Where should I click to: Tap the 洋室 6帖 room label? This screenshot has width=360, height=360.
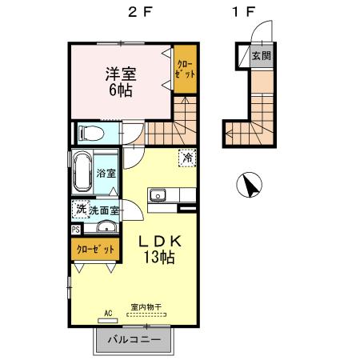tap(122, 81)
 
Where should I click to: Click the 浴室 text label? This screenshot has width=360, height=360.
tap(106, 173)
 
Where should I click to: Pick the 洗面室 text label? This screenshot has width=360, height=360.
tap(103, 210)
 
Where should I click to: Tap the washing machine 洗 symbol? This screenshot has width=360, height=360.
tap(80, 209)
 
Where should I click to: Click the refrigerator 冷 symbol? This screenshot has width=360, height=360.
tap(186, 158)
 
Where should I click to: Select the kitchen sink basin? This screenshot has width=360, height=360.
tap(158, 194)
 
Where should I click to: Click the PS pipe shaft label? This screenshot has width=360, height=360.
tap(75, 230)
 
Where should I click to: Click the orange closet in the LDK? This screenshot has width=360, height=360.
tap(96, 249)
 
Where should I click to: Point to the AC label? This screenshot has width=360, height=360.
tap(107, 314)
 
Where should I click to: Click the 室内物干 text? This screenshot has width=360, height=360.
tap(146, 306)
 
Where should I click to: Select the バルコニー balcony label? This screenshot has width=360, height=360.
tap(134, 340)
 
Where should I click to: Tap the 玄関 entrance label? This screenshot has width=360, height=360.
tap(261, 56)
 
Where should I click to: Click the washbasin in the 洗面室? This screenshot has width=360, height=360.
tap(102, 226)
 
